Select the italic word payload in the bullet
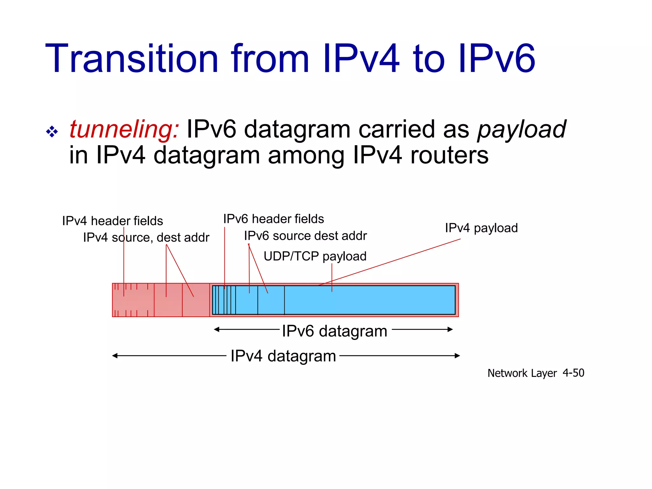[x=521, y=130]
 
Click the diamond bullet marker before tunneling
[x=52, y=131]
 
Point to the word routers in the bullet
[x=449, y=155]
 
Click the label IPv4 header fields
[x=112, y=221]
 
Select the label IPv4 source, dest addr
[x=146, y=237]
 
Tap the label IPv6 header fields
[x=273, y=219]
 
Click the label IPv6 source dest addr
[x=305, y=236]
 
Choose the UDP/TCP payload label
[x=315, y=256]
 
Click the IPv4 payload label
[x=481, y=228]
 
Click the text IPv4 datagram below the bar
[x=283, y=356]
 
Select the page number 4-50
[x=573, y=373]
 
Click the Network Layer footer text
[x=522, y=373]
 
